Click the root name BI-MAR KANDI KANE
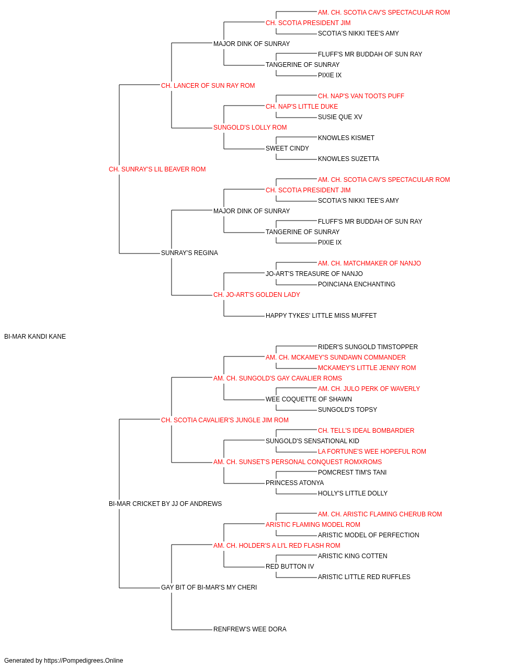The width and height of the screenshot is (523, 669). pos(35,336)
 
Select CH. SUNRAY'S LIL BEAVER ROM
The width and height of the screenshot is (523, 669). pos(157,169)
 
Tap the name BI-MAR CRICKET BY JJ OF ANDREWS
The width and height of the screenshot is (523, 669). pos(165,503)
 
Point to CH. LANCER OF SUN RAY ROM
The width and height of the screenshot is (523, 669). pos(208,85)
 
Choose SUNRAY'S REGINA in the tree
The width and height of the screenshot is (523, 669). pos(189,252)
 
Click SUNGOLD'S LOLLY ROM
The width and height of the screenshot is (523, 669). pos(250,127)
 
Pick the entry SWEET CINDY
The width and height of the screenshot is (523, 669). pos(287,148)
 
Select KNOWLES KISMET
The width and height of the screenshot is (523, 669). pos(346,137)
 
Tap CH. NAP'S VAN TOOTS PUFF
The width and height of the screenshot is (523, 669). pos(361,96)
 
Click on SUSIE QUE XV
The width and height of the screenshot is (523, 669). pos(340,117)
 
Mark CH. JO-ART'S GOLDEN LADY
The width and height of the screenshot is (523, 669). pos(257,294)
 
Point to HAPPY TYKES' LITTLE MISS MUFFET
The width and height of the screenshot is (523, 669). pos(321,315)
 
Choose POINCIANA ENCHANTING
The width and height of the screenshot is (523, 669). pos(357,284)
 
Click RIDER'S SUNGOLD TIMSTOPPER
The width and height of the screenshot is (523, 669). pos(368,347)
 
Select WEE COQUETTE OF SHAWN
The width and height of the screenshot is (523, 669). pos(309,399)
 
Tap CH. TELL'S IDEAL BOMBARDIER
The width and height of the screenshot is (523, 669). pos(366,430)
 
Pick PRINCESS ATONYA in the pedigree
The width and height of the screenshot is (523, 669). pos(295,482)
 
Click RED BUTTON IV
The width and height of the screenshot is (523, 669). pos(290,566)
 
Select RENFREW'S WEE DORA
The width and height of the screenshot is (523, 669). pos(250,629)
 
